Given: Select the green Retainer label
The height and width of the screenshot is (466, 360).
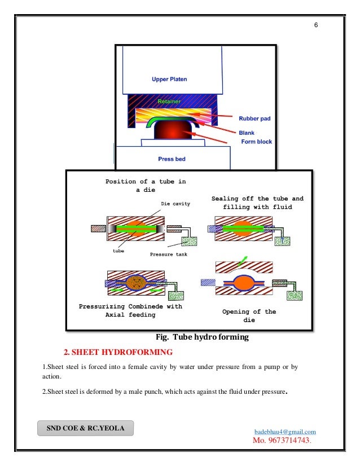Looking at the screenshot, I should pyautogui.click(x=169, y=102).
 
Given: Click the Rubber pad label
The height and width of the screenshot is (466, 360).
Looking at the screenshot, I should pyautogui.click(x=254, y=118).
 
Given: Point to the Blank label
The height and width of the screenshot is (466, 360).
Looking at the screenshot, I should pyautogui.click(x=247, y=133).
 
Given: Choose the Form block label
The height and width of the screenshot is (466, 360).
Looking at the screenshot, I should pyautogui.click(x=257, y=142).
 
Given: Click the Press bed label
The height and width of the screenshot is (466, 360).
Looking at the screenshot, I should pyautogui.click(x=172, y=159).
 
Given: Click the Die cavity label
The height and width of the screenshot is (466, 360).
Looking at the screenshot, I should pyautogui.click(x=175, y=203).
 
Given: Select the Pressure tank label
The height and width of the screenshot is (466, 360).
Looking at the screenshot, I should pyautogui.click(x=169, y=254).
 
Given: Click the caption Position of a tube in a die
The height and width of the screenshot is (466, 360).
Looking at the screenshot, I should pyautogui.click(x=146, y=186).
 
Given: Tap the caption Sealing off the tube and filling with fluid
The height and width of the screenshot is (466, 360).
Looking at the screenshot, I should pyautogui.click(x=257, y=203).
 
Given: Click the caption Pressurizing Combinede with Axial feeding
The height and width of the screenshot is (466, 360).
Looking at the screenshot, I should pyautogui.click(x=130, y=310).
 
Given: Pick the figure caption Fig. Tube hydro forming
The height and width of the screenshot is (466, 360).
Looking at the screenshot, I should pyautogui.click(x=202, y=337).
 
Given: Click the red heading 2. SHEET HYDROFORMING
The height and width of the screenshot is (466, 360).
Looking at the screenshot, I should pyautogui.click(x=118, y=353).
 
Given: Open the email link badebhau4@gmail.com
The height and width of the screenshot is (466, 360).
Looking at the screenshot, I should pyautogui.click(x=286, y=432).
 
